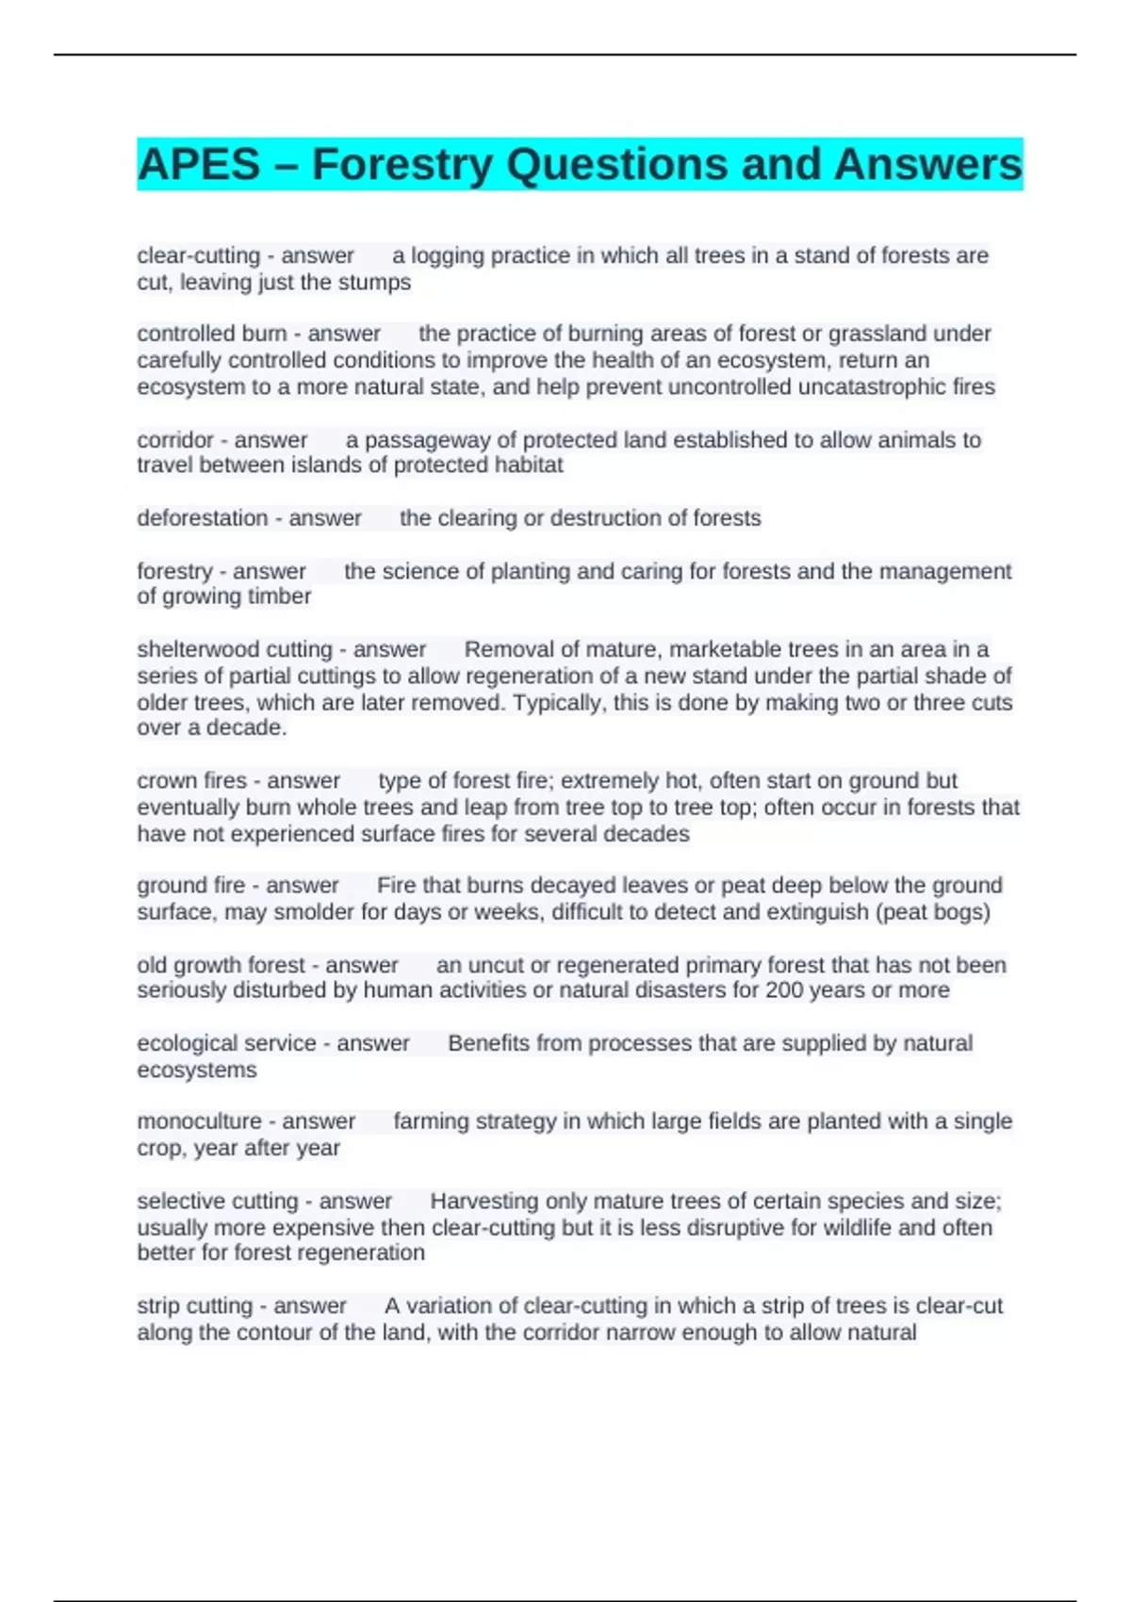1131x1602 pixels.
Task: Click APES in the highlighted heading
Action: coord(198,165)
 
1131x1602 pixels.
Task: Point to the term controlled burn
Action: coord(212,334)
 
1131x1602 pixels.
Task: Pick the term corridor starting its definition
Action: coord(175,440)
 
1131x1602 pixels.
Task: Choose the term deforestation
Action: coord(203,518)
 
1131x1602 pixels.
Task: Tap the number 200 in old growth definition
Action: coord(783,990)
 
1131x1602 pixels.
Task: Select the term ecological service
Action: coord(226,1043)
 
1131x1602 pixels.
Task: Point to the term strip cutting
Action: coord(195,1306)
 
